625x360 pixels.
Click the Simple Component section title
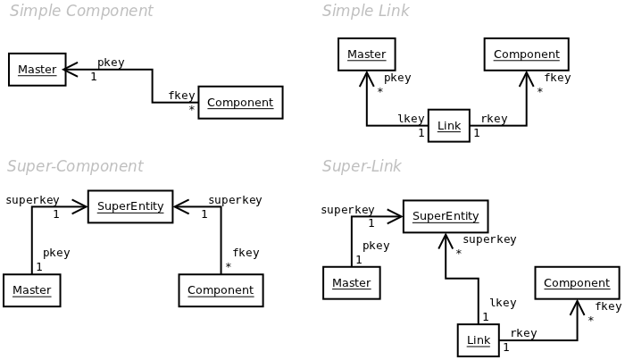click(x=81, y=12)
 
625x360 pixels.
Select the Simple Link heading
click(x=365, y=12)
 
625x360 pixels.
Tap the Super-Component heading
click(x=75, y=167)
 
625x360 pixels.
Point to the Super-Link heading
click(x=362, y=167)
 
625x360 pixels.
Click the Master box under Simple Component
click(x=37, y=70)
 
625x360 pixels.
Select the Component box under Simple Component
click(x=240, y=103)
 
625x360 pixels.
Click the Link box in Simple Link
click(x=449, y=126)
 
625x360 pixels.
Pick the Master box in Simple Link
click(x=366, y=54)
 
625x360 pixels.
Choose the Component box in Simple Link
click(x=526, y=54)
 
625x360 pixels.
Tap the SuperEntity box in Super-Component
click(x=130, y=206)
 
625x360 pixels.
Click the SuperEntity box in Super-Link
click(x=446, y=216)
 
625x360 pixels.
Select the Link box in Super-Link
click(x=478, y=340)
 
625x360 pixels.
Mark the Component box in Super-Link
click(x=577, y=283)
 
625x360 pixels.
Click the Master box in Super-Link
click(x=351, y=283)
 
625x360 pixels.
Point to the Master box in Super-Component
click(x=31, y=290)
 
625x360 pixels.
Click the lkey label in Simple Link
click(x=411, y=119)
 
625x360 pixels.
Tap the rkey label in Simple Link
click(x=494, y=119)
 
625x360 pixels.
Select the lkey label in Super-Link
click(x=503, y=304)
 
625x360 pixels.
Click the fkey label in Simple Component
click(x=181, y=96)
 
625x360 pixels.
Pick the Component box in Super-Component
click(x=221, y=290)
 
